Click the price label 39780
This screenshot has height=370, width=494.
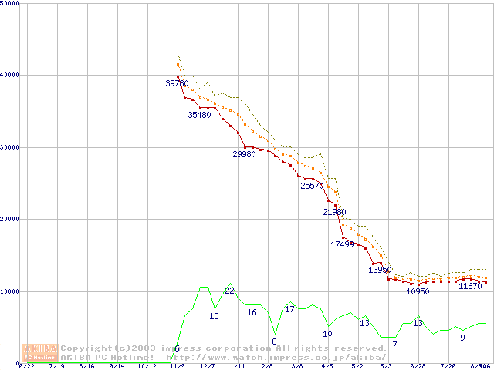coord(178,83)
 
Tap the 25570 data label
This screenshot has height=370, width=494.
coord(313,186)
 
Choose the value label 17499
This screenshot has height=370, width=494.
coord(342,244)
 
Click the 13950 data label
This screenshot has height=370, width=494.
coord(380,270)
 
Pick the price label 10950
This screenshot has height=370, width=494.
coord(418,292)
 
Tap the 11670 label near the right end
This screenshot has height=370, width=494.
coord(470,286)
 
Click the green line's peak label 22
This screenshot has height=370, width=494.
coord(229,291)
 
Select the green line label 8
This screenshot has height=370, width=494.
coord(274,341)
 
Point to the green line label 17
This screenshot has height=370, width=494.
coord(289,309)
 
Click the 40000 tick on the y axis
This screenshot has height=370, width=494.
coord(10,75)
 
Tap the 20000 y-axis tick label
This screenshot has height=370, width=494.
coord(10,219)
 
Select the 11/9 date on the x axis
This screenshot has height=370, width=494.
coord(177,367)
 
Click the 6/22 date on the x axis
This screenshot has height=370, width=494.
coord(26,367)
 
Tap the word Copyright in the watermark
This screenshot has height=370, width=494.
coord(91,348)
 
